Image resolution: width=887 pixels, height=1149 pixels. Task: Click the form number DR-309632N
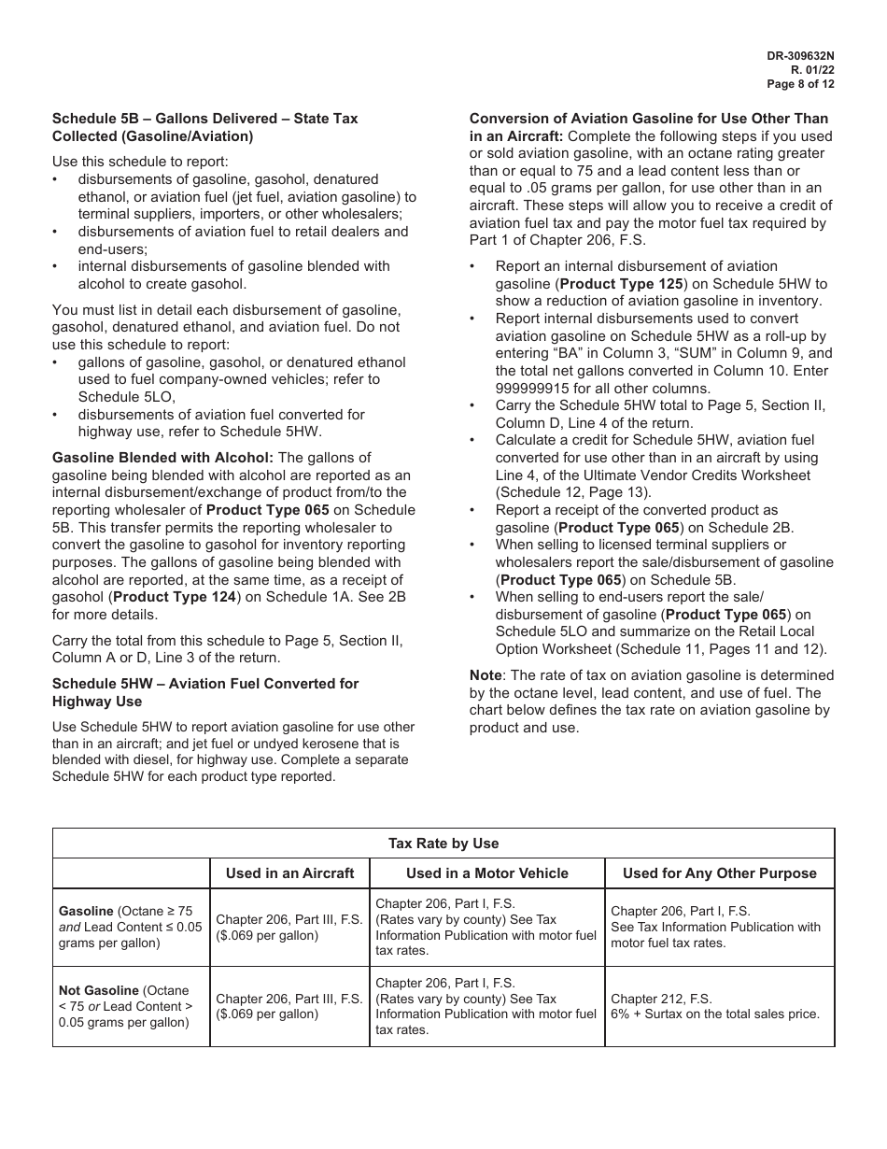click(800, 56)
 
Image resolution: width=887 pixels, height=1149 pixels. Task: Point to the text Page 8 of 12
click(800, 84)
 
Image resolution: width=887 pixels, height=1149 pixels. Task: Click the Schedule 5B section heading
click(204, 127)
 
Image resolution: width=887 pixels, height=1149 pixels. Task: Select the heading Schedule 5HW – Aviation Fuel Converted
click(204, 692)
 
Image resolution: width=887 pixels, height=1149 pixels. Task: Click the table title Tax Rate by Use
click(443, 844)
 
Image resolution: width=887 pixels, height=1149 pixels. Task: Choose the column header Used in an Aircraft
click(289, 873)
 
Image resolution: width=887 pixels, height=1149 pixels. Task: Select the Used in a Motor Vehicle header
click(486, 873)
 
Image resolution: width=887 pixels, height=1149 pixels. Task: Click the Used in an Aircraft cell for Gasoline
click(289, 927)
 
